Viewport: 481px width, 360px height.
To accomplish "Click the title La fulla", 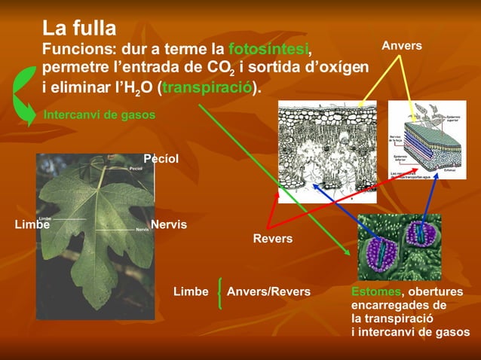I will click(x=78, y=29).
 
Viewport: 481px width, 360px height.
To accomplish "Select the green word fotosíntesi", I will click(x=268, y=49).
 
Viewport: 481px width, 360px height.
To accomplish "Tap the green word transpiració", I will click(x=207, y=87).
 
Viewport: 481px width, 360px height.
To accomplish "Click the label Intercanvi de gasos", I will click(x=100, y=115).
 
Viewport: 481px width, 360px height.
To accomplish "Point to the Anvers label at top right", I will click(x=401, y=47).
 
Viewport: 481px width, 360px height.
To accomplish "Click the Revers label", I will click(x=272, y=239).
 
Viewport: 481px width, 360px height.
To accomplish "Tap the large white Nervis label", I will click(x=168, y=224).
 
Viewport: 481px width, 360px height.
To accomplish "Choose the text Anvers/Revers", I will click(x=268, y=291).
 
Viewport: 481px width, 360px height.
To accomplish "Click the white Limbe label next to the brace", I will click(x=191, y=291).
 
